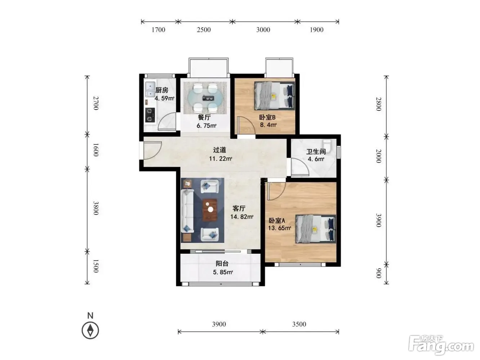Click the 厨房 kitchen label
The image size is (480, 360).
click(162, 90)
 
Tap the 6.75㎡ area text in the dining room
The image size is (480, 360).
click(206, 126)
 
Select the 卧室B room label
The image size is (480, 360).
click(267, 117)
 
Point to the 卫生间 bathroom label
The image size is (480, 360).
click(316, 151)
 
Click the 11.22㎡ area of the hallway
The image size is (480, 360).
click(221, 159)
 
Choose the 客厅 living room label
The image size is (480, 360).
click(239, 208)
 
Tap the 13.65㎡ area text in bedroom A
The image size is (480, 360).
click(280, 228)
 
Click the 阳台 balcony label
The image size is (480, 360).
click(222, 264)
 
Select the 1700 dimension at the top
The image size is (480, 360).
click(159, 30)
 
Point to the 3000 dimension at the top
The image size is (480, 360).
click(263, 30)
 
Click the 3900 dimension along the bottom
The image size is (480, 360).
click(219, 324)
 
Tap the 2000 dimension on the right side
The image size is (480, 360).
click(379, 156)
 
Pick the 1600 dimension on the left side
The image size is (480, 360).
click(96, 150)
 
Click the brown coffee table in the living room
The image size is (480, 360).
click(210, 210)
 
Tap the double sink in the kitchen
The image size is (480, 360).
click(150, 89)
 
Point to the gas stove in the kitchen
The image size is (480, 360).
click(150, 115)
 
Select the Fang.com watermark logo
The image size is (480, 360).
click(441, 346)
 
